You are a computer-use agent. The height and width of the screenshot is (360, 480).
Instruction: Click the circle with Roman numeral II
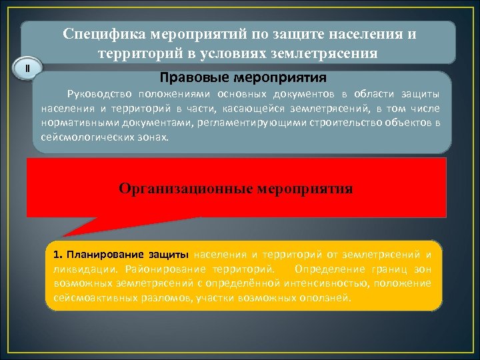27,69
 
